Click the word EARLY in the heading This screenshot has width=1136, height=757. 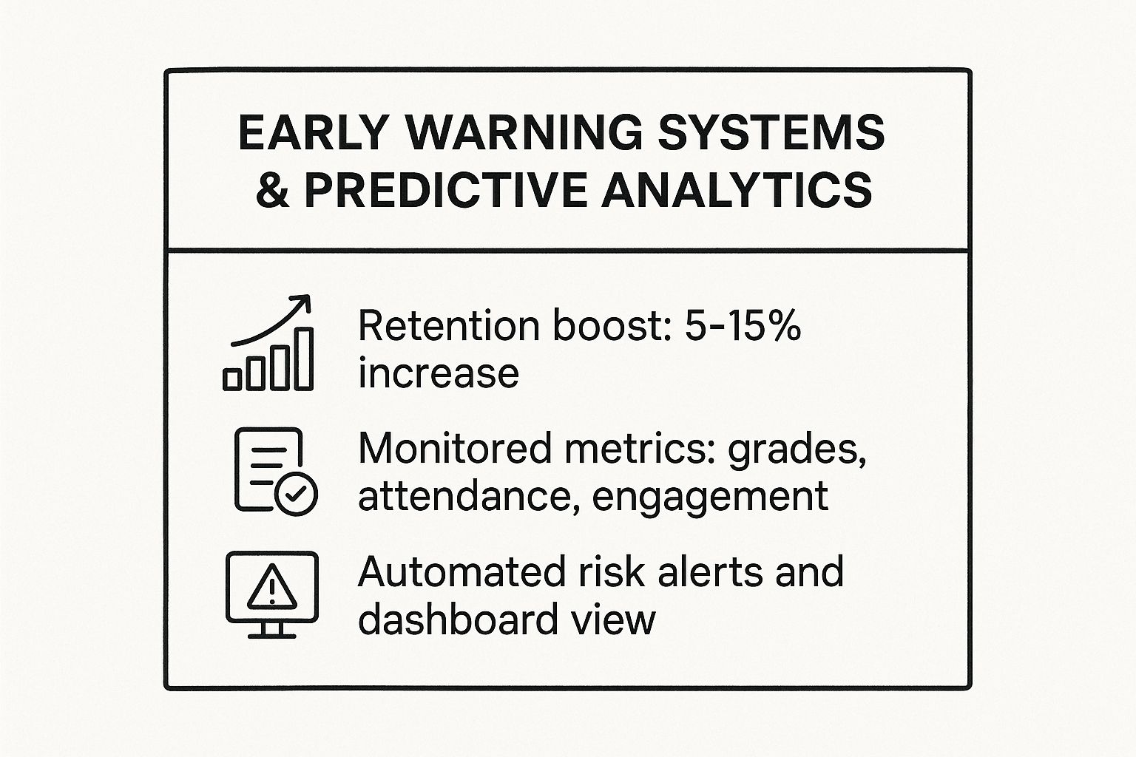pyautogui.click(x=310, y=133)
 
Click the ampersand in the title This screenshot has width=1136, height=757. pyautogui.click(x=273, y=190)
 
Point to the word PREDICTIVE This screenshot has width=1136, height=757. pyautogui.click(x=446, y=190)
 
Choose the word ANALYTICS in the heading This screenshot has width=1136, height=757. pyautogui.click(x=737, y=190)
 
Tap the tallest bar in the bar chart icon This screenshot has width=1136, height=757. pyautogui.click(x=304, y=359)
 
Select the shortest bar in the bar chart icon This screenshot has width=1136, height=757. pyautogui.click(x=232, y=379)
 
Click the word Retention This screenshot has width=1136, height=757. pyautogui.click(x=449, y=325)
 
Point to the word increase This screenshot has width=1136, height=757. pyautogui.click(x=439, y=373)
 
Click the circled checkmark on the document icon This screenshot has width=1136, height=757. pyautogui.click(x=296, y=494)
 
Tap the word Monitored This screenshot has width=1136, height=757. pyautogui.click(x=454, y=448)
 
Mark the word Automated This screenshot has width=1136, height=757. pyautogui.click(x=461, y=571)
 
